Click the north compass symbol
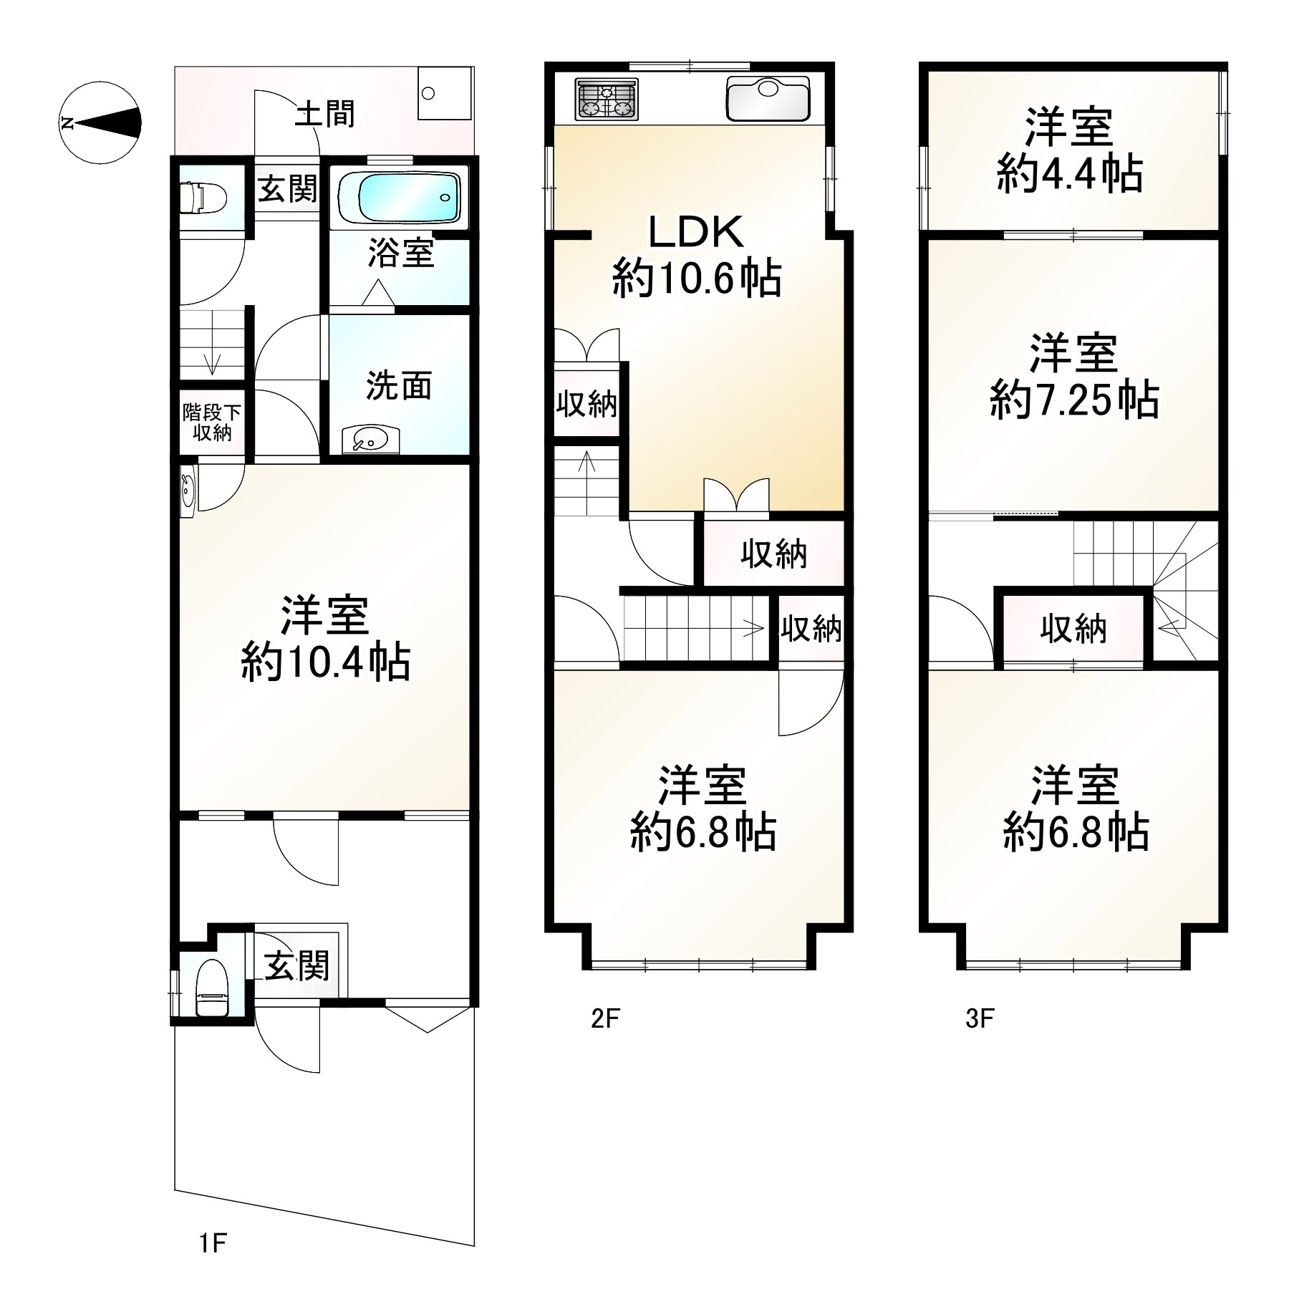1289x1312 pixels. click(x=100, y=123)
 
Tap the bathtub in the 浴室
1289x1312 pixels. click(x=400, y=198)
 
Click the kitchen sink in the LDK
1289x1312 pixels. click(x=768, y=98)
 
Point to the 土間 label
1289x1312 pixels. click(x=326, y=113)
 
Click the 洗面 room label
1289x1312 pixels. click(x=399, y=385)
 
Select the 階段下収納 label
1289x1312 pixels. click(x=211, y=423)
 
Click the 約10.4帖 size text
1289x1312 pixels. click(x=326, y=662)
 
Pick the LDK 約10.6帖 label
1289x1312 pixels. click(x=697, y=255)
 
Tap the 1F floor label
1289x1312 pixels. click(x=213, y=1263)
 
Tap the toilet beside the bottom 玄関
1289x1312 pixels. click(x=211, y=988)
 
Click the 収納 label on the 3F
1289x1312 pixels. click(x=1073, y=629)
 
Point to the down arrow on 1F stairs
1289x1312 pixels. click(x=212, y=351)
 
